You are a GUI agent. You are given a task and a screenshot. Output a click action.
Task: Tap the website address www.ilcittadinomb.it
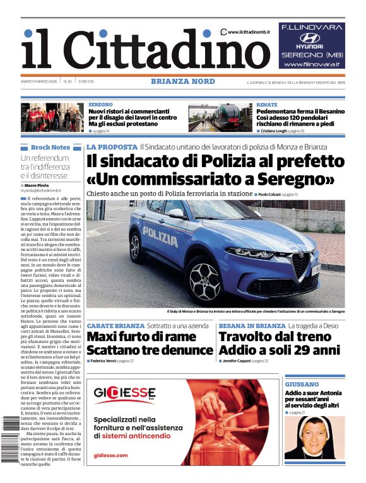coord(249,32)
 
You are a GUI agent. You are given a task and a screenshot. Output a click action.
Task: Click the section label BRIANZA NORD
coord(183,81)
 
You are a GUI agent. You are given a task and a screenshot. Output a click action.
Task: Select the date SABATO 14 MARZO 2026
coord(39,81)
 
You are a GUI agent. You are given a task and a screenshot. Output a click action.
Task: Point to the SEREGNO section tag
coord(101,104)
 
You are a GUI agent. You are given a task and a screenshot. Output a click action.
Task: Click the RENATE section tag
coord(267,104)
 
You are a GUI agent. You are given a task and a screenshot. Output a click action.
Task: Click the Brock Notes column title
coord(50,147)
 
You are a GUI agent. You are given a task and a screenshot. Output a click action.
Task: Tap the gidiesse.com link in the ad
coord(110,455)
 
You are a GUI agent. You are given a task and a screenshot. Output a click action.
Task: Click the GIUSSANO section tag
coord(301,384)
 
